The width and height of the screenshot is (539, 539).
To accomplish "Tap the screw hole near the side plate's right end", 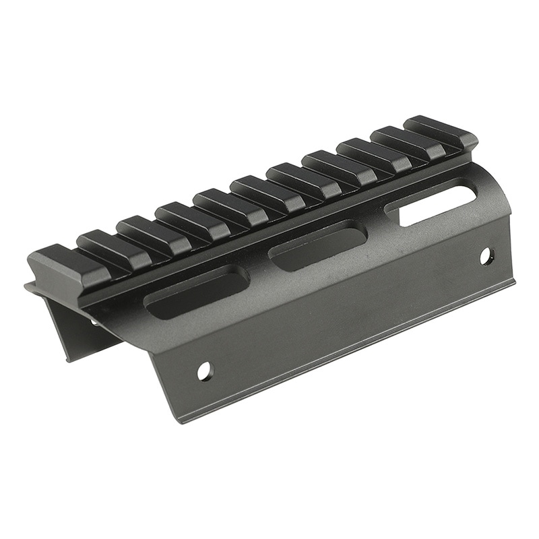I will pyautogui.click(x=486, y=256).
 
